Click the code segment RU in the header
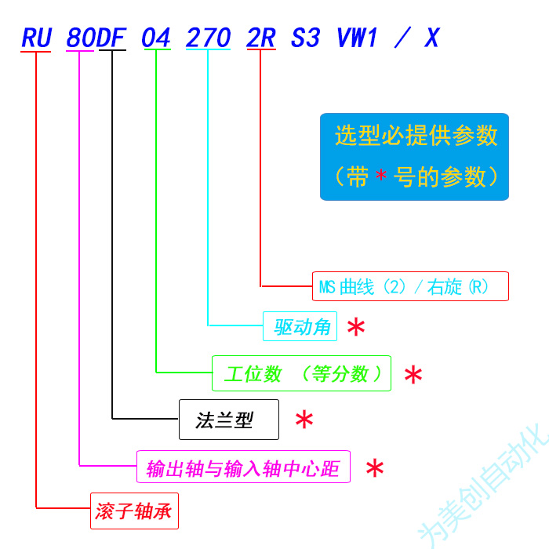tap(36, 38)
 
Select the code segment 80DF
tap(96, 38)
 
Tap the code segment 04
tap(156, 38)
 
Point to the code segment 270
tap(208, 38)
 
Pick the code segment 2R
tap(260, 38)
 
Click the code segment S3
tap(305, 38)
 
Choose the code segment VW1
tap(358, 38)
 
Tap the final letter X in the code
tap(431, 38)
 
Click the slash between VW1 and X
tap(402, 38)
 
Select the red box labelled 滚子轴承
tap(134, 514)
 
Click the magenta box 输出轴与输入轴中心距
tap(243, 468)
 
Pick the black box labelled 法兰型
tap(229, 420)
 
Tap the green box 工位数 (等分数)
tap(301, 373)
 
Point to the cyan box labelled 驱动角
tap(300, 326)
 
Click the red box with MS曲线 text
tap(410, 286)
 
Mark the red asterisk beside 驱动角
tap(356, 328)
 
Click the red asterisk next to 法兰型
tap(304, 420)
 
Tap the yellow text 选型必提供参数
tap(416, 136)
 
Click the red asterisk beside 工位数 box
tap(413, 375)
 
